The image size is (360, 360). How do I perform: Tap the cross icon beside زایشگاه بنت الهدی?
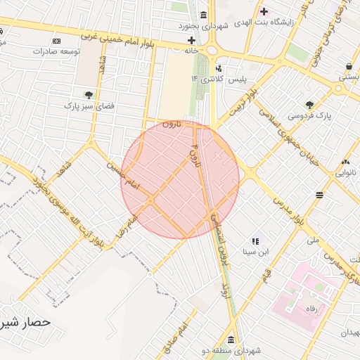[x=264, y=11]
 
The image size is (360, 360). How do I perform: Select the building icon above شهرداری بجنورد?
[x=203, y=15]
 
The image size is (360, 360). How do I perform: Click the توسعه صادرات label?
[x=60, y=51]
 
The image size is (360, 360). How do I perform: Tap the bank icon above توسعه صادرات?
[x=59, y=41]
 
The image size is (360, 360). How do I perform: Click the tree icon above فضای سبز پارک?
[x=89, y=95]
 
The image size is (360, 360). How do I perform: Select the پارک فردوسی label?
[x=309, y=116]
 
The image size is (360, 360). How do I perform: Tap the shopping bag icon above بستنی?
[x=349, y=66]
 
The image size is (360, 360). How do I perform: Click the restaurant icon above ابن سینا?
[x=255, y=240]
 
